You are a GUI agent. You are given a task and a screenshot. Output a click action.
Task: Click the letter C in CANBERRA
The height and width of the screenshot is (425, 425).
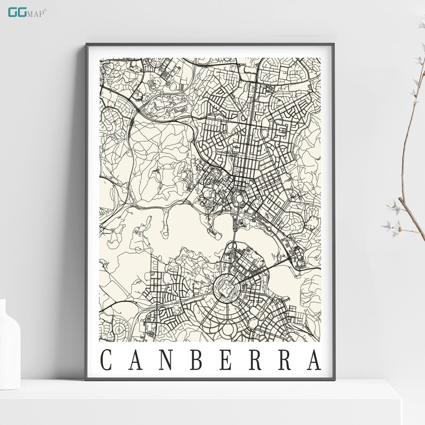pyautogui.click(x=106, y=360)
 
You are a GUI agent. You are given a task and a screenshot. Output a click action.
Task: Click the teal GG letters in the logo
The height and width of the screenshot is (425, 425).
pyautogui.click(x=16, y=11)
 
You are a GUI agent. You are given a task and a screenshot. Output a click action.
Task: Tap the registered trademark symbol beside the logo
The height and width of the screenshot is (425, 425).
pyautogui.click(x=45, y=8)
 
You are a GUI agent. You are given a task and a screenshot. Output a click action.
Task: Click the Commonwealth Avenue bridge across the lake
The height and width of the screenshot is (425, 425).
pyautogui.click(x=234, y=230)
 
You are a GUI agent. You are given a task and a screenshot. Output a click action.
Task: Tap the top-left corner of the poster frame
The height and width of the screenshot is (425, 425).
pyautogui.click(x=86, y=45)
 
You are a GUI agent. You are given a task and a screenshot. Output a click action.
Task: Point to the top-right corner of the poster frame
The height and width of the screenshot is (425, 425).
pyautogui.click(x=335, y=45)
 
